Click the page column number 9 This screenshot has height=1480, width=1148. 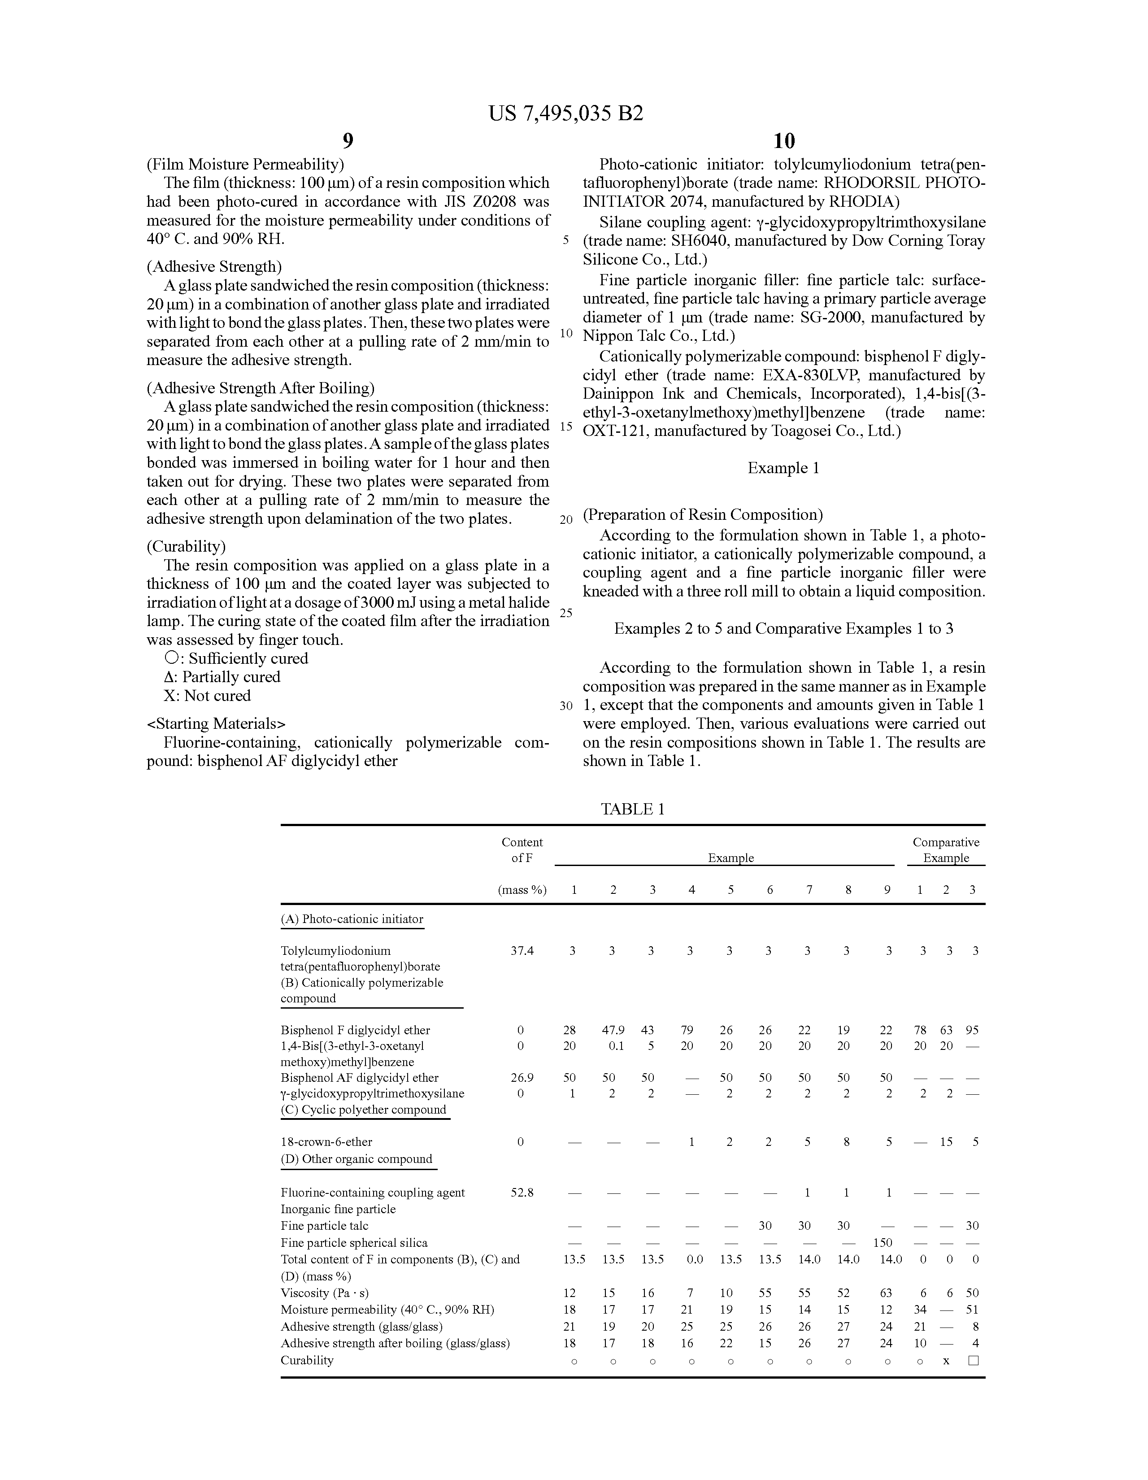(x=348, y=141)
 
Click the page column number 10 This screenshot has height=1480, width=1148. (x=783, y=141)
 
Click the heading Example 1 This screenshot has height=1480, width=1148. (x=783, y=468)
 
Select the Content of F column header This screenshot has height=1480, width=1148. (x=522, y=850)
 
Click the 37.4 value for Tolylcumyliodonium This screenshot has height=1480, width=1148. (x=522, y=951)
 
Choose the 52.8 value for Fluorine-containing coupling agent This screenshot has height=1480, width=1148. (x=522, y=1192)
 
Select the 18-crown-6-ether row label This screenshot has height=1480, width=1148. (x=326, y=1142)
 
